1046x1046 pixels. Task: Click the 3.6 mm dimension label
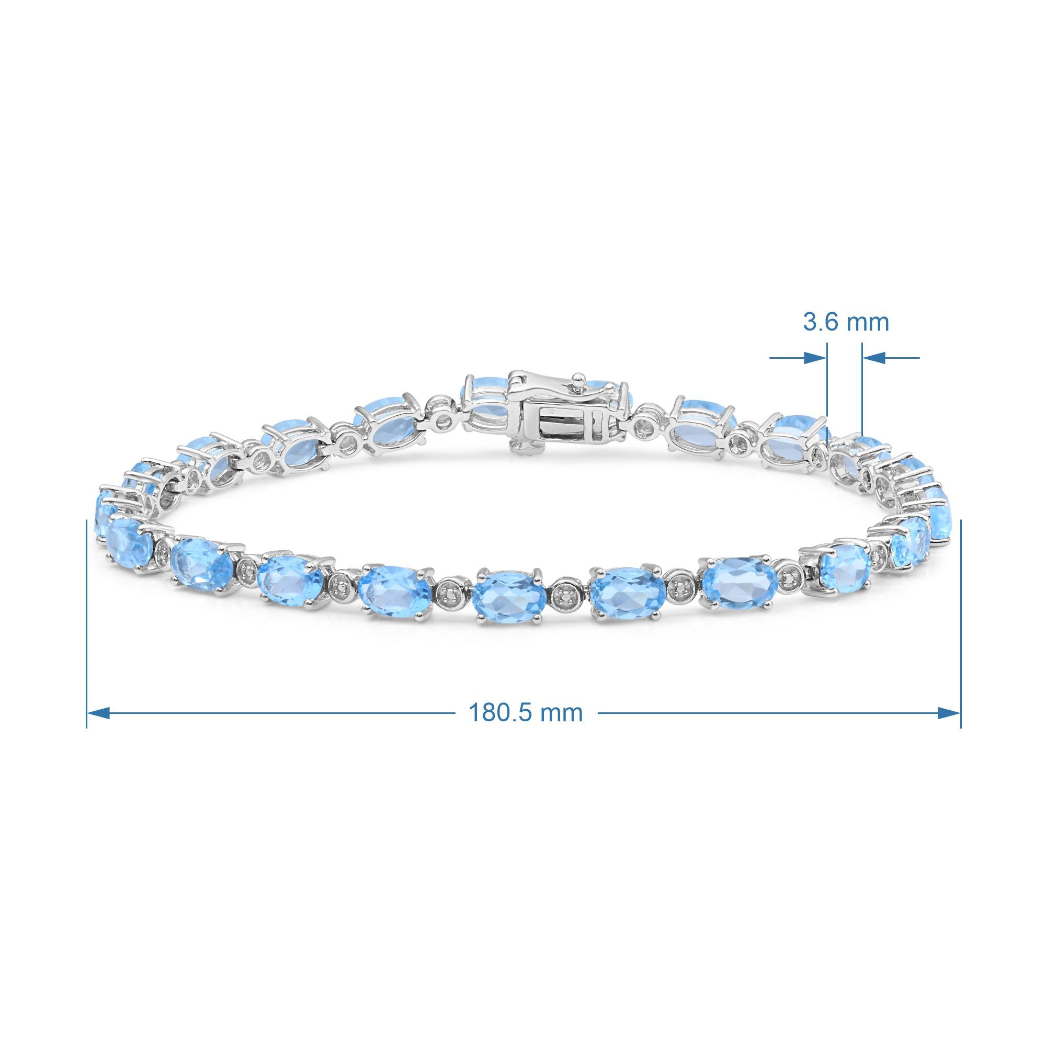tap(846, 323)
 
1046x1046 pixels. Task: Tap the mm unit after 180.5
tap(563, 713)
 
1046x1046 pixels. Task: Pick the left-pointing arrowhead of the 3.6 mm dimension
tap(873, 357)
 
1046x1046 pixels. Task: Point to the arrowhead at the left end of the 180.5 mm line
tap(98, 713)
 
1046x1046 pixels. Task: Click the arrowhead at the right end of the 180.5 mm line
tap(949, 713)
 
